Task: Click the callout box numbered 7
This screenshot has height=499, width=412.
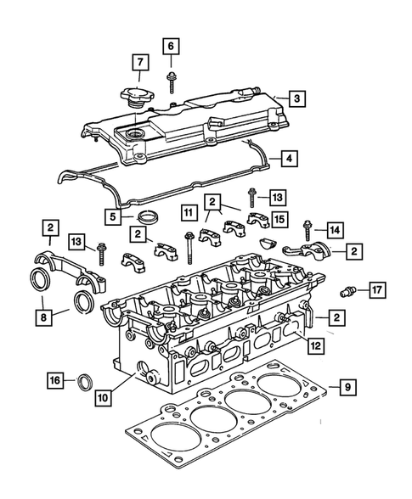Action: (x=137, y=62)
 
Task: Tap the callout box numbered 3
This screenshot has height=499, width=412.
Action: (x=296, y=98)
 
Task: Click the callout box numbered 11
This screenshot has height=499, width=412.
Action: (x=185, y=211)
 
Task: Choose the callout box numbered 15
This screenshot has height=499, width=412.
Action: (x=279, y=219)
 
